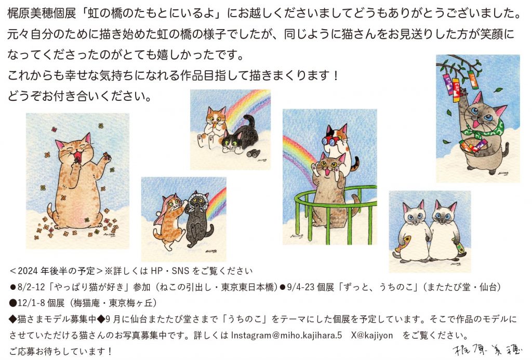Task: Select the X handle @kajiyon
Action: click(x=372, y=335)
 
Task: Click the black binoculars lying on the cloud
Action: click(x=253, y=153)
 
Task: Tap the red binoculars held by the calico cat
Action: click(x=330, y=140)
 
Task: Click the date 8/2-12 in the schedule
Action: click(x=31, y=287)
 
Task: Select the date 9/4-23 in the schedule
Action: click(x=301, y=287)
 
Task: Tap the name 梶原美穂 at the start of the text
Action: click(x=30, y=13)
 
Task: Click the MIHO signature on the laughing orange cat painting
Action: click(x=110, y=234)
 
